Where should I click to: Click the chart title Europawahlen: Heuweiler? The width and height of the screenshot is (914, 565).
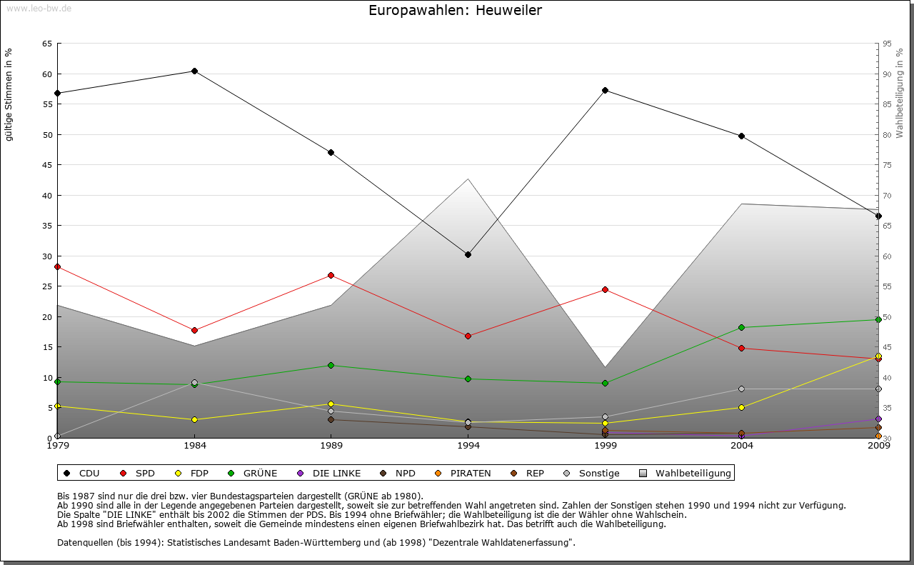[x=455, y=11]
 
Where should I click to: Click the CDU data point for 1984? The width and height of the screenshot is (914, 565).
[x=194, y=71]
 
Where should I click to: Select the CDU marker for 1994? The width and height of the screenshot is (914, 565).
[x=468, y=254]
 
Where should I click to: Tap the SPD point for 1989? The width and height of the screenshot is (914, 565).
[x=331, y=275]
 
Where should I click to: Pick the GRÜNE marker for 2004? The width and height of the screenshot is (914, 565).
[x=742, y=327]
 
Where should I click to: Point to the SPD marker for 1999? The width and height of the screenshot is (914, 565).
[x=605, y=289]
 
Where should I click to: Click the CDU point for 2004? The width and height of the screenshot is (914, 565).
[x=742, y=136]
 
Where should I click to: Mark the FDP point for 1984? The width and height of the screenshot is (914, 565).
[x=194, y=419]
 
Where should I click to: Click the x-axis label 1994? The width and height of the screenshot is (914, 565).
[x=468, y=446]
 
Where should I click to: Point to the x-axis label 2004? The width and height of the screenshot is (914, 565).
[x=742, y=446]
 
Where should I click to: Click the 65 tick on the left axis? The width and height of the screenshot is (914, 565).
[x=46, y=44]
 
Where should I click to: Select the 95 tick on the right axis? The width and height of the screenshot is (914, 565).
[x=887, y=44]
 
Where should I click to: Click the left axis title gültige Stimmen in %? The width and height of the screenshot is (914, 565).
[x=9, y=94]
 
